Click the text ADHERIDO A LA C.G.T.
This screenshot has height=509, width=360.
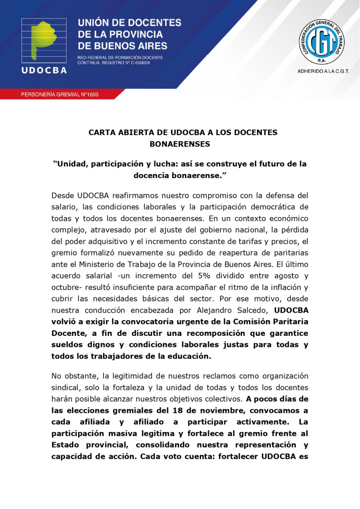(323, 71)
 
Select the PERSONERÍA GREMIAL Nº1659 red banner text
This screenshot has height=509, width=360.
(60, 94)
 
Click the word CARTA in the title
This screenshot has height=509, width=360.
(102, 133)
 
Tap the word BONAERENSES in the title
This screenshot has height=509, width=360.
(180, 144)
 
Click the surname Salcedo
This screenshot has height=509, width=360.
(250, 311)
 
